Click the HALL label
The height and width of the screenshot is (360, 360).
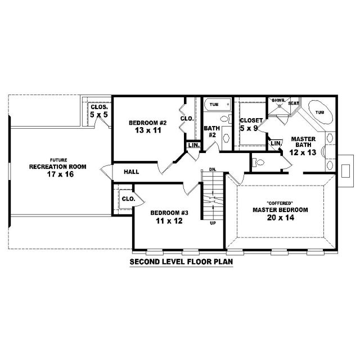pyautogui.click(x=131, y=172)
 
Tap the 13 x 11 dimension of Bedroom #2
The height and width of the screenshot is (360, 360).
pyautogui.click(x=148, y=130)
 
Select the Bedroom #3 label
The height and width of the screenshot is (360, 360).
pyautogui.click(x=169, y=213)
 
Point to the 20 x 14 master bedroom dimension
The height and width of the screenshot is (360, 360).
pyautogui.click(x=281, y=218)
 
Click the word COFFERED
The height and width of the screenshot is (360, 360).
pyautogui.click(x=280, y=203)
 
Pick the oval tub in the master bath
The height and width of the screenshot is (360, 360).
pyautogui.click(x=321, y=112)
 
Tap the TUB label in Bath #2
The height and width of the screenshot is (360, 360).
pyautogui.click(x=214, y=105)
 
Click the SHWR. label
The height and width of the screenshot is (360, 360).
pyautogui.click(x=278, y=100)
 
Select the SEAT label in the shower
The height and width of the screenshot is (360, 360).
pyautogui.click(x=294, y=103)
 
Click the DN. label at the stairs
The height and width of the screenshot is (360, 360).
pyautogui.click(x=213, y=170)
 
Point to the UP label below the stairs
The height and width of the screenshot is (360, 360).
pyautogui.click(x=213, y=223)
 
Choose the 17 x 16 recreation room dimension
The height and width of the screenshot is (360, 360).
pyautogui.click(x=60, y=174)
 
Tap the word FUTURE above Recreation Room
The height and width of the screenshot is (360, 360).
pyautogui.click(x=58, y=160)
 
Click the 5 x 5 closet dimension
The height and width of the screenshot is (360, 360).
pyautogui.click(x=99, y=115)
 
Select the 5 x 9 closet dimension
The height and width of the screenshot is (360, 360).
pyautogui.click(x=249, y=128)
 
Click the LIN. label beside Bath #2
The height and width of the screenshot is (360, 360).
pyautogui.click(x=193, y=145)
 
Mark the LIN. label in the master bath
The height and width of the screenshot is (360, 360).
pyautogui.click(x=276, y=143)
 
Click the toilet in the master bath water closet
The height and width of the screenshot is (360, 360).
pyautogui.click(x=258, y=163)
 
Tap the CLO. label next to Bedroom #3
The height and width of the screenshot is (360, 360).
pyautogui.click(x=129, y=199)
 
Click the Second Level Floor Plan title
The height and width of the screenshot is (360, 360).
pyautogui.click(x=181, y=262)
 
